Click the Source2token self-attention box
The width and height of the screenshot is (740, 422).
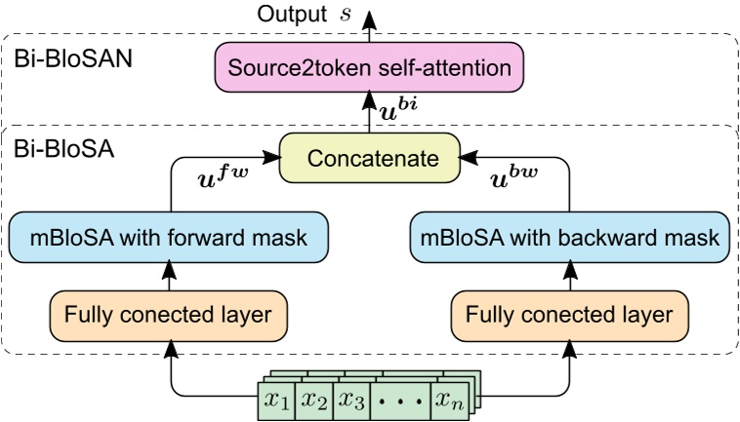369,68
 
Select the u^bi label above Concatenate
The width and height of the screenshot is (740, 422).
400,110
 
